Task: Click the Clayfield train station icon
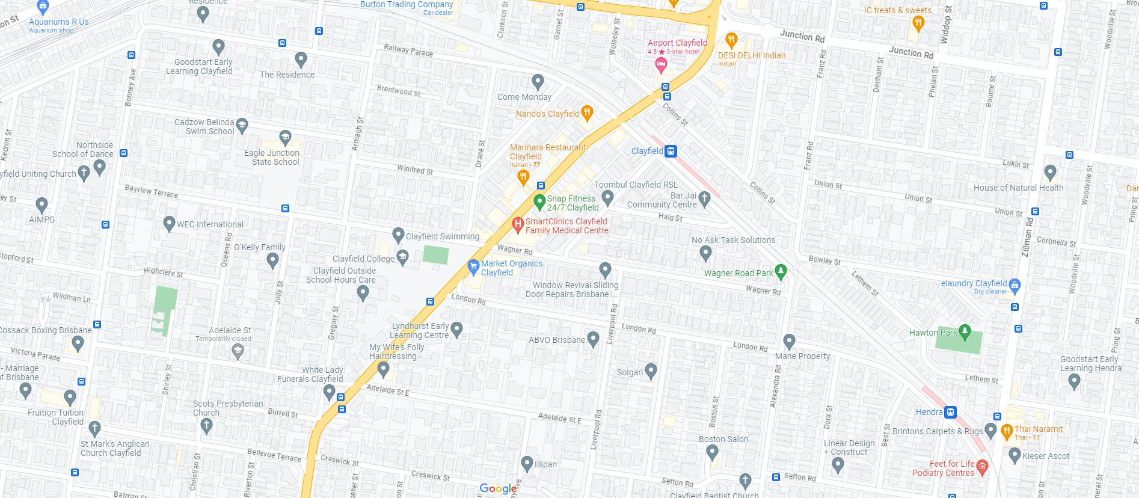pyautogui.click(x=671, y=151)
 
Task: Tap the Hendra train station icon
pyautogui.click(x=950, y=412)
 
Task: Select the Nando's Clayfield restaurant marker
pyautogui.click(x=588, y=112)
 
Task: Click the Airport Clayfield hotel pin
pyautogui.click(x=661, y=64)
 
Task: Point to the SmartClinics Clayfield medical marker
pyautogui.click(x=517, y=224)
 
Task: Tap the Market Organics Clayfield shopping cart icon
pyautogui.click(x=473, y=266)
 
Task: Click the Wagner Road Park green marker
pyautogui.click(x=781, y=271)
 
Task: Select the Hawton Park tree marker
pyautogui.click(x=965, y=331)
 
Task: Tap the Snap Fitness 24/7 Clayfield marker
pyautogui.click(x=539, y=201)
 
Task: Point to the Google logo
pyautogui.click(x=498, y=488)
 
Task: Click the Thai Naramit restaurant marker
pyautogui.click(x=1007, y=431)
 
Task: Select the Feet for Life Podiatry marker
pyautogui.click(x=982, y=466)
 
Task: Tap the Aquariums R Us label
pyautogui.click(x=58, y=22)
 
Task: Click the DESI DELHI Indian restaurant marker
pyautogui.click(x=731, y=40)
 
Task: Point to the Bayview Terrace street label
pyautogui.click(x=151, y=191)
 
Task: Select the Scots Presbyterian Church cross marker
pyautogui.click(x=206, y=425)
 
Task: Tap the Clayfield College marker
pyautogui.click(x=402, y=257)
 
